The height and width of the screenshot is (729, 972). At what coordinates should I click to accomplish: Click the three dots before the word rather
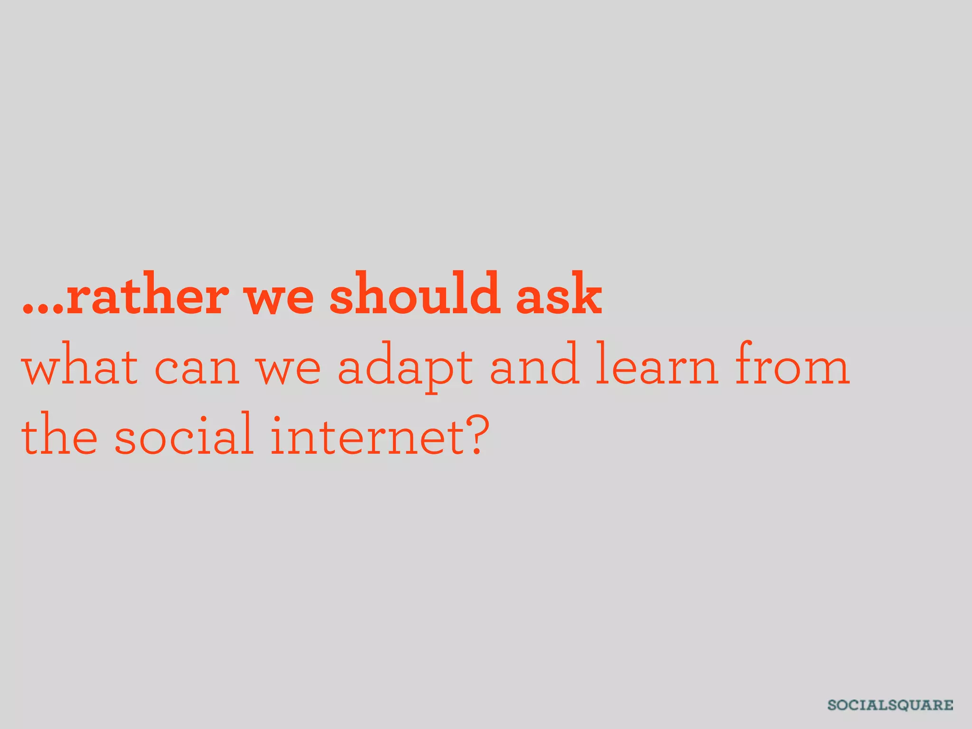(x=43, y=309)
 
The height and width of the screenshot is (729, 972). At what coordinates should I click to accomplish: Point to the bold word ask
(x=559, y=294)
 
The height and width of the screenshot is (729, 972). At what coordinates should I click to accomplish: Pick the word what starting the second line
(x=80, y=366)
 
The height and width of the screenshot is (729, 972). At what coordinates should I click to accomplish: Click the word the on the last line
(x=59, y=434)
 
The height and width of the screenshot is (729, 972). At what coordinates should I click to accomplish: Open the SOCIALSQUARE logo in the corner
(x=890, y=705)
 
